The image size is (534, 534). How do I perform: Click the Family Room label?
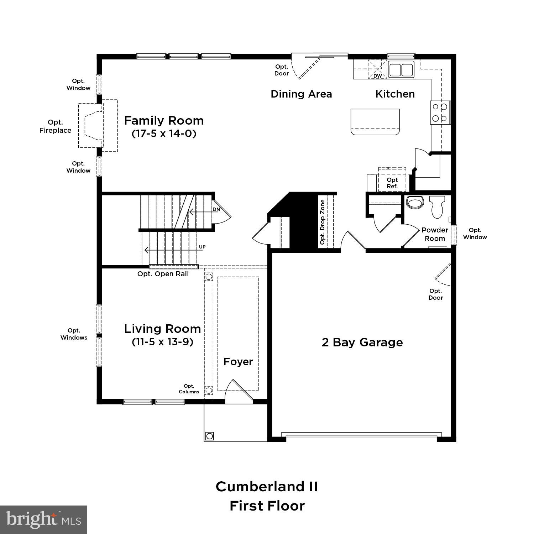[x=164, y=121]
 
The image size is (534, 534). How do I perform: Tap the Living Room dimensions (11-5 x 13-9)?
[x=162, y=342]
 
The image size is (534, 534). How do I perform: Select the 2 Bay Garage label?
[x=362, y=342]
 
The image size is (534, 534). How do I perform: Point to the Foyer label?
[x=238, y=362]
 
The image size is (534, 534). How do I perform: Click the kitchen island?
[x=375, y=122]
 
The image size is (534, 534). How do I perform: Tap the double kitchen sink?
[x=401, y=70]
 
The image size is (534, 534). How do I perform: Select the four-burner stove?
[x=440, y=112]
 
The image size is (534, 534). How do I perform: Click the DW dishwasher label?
[x=377, y=76]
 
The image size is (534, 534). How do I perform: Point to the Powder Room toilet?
[x=436, y=208]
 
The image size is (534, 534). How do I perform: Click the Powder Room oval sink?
[x=414, y=203]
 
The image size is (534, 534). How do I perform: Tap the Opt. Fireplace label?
[x=55, y=126]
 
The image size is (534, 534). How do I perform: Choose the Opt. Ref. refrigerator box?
[x=392, y=183]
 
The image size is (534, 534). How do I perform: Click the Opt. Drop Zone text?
[x=323, y=222]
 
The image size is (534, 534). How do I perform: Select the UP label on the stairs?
[x=202, y=247]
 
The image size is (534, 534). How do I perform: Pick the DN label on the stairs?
[x=216, y=209]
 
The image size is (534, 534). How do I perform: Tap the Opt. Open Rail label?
[x=163, y=274]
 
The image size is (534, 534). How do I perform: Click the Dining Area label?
[x=301, y=94]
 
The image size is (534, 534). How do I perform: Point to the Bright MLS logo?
[x=43, y=519]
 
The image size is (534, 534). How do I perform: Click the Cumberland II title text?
[x=267, y=487]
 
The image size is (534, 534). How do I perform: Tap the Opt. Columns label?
[x=189, y=389]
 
